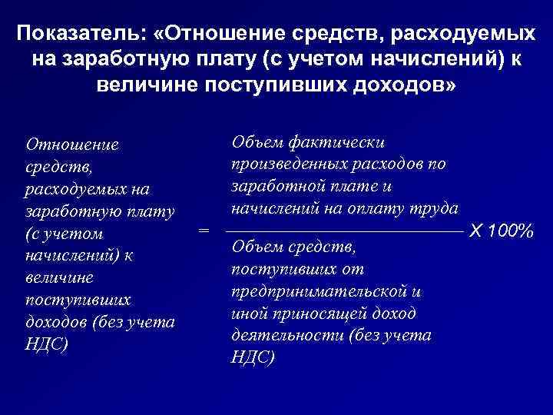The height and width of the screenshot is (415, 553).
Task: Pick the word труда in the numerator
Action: (436, 207)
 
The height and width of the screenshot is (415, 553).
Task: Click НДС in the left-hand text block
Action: (47, 344)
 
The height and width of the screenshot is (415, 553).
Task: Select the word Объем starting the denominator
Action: (255, 248)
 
